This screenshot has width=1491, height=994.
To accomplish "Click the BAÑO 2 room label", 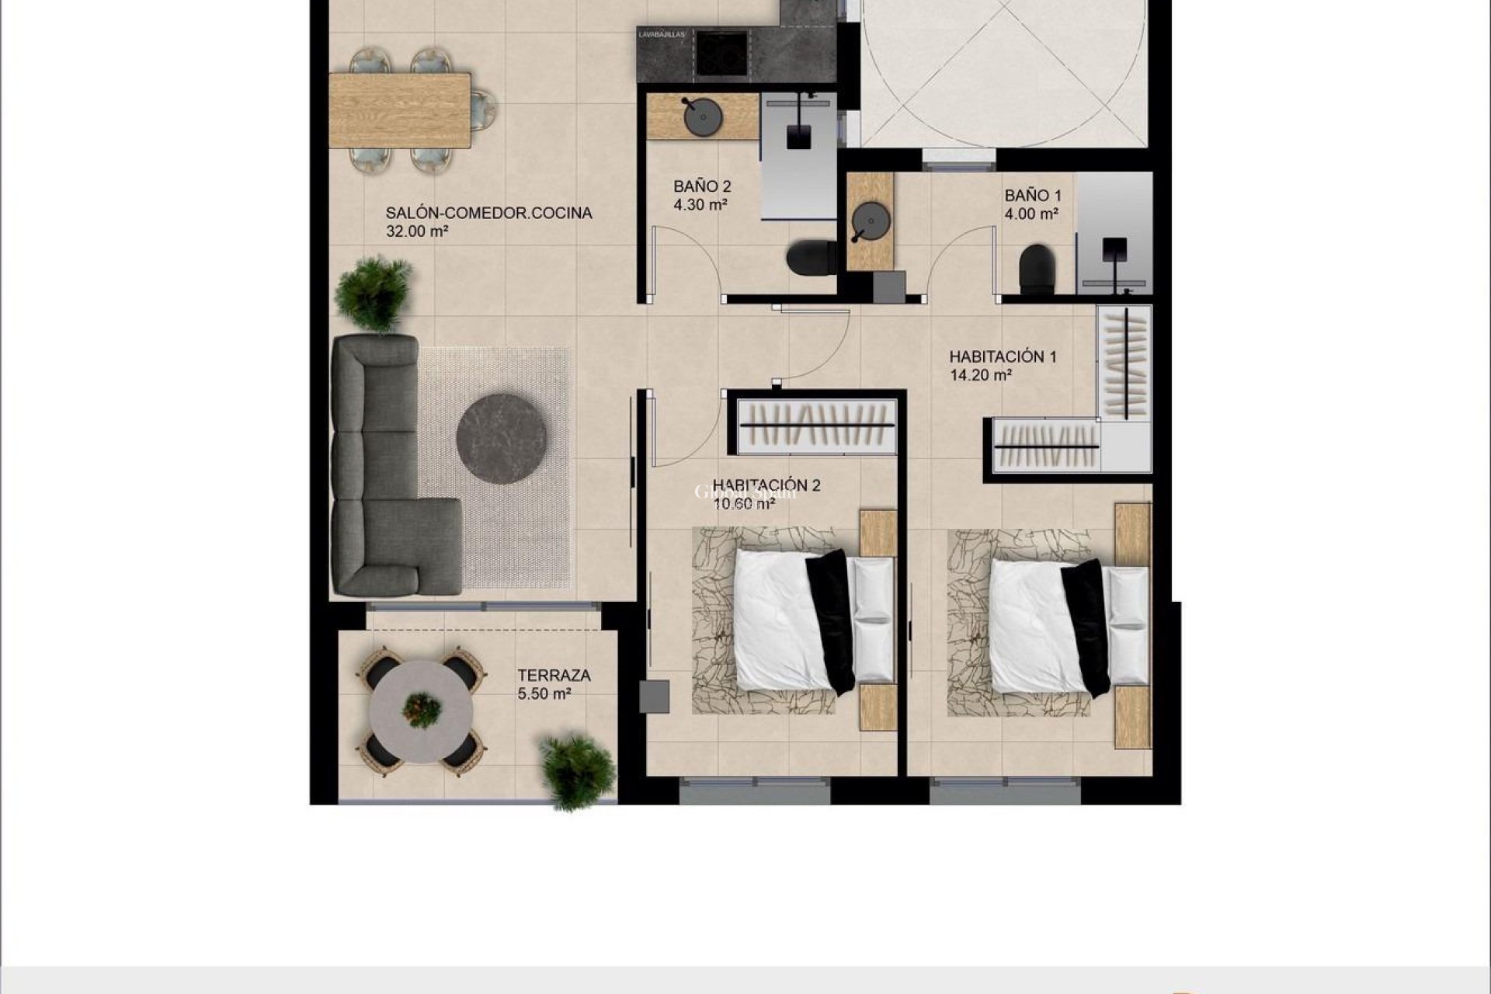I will [702, 187].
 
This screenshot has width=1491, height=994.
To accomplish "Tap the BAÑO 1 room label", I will [1032, 196].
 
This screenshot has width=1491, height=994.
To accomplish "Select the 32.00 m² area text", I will [417, 231].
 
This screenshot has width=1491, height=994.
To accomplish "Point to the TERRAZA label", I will [554, 676].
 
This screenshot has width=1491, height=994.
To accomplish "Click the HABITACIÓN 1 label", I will [1003, 357].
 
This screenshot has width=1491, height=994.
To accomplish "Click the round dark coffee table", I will [501, 439].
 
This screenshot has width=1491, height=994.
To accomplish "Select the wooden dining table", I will [400, 109].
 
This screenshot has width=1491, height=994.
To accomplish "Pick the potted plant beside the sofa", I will [374, 294].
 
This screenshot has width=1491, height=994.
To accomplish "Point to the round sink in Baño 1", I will [869, 221].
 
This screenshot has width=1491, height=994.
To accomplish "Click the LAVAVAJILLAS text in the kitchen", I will [661, 35].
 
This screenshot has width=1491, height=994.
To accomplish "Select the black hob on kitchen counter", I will [722, 53].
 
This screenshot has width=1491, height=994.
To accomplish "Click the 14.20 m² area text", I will [980, 376].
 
